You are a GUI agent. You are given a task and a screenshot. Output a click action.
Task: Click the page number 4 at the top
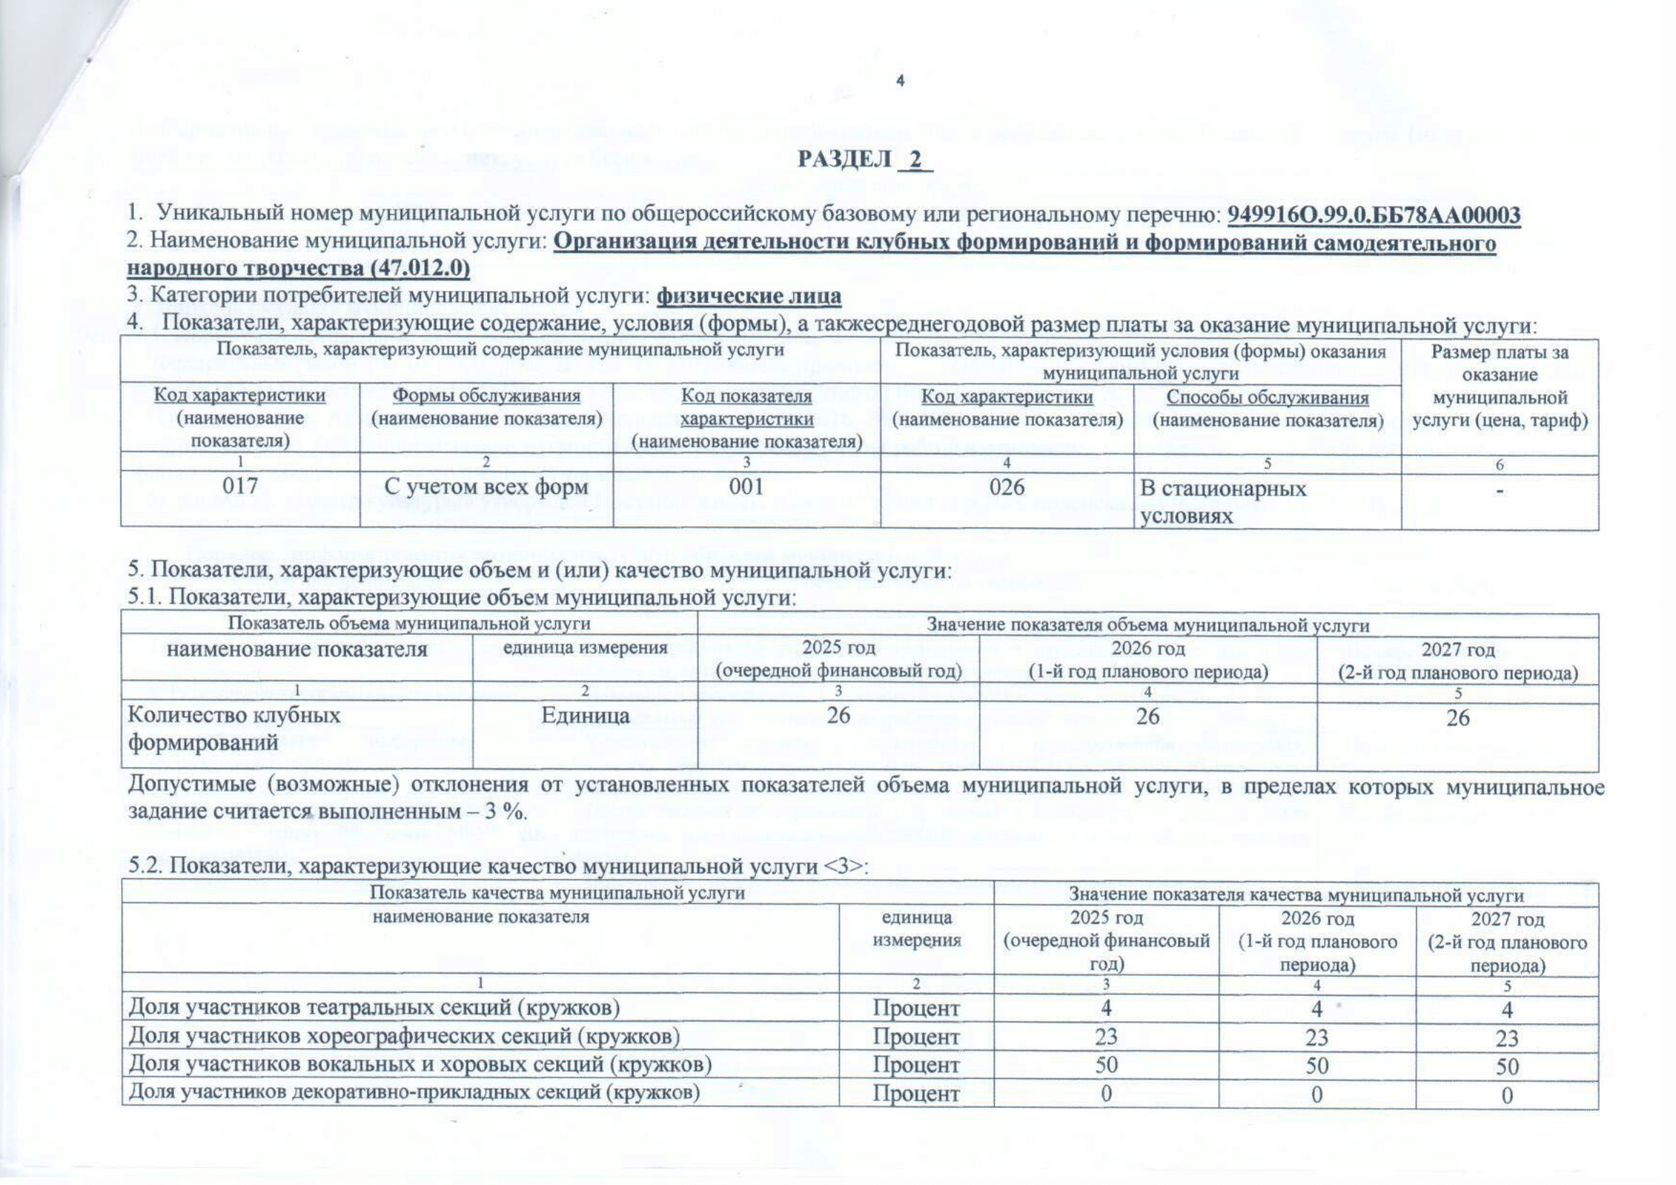click(x=900, y=82)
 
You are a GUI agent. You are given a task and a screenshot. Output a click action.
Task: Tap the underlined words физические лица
click(x=749, y=297)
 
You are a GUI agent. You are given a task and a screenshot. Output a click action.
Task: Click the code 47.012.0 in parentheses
click(x=420, y=269)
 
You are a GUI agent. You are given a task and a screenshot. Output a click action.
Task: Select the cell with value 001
click(x=746, y=486)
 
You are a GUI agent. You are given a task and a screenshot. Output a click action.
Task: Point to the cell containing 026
click(x=1007, y=486)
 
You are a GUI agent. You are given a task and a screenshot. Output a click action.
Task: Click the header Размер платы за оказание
click(x=1499, y=363)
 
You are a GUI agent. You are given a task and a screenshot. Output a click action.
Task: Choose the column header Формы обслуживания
click(x=486, y=396)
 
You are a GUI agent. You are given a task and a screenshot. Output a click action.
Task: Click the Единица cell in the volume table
click(x=584, y=716)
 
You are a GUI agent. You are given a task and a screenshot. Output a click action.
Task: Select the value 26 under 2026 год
click(x=1147, y=716)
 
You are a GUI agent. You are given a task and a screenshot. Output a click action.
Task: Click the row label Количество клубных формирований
click(x=234, y=728)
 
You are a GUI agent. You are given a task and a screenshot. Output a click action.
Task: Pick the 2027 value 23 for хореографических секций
click(x=1507, y=1037)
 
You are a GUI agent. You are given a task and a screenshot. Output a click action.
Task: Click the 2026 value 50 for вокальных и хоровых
click(x=1317, y=1065)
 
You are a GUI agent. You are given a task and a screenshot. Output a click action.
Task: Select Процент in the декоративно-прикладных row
click(x=916, y=1094)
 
